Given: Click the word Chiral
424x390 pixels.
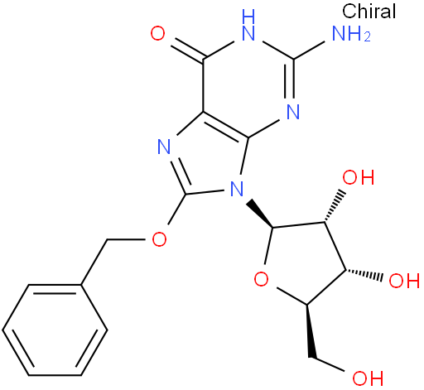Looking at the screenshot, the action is point(369,12).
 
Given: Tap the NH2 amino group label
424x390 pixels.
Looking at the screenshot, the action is point(351,34).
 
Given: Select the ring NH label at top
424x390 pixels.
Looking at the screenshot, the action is point(248,25).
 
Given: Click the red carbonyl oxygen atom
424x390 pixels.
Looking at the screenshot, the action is point(157,33).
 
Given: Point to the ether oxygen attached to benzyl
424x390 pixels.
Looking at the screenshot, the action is point(159,238).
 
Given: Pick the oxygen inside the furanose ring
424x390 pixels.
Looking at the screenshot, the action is point(261,279).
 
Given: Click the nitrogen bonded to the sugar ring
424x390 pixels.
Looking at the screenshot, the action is point(237,189).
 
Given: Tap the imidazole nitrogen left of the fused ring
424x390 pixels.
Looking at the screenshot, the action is point(165,147).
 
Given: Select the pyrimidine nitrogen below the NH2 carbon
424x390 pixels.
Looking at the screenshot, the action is point(293,112).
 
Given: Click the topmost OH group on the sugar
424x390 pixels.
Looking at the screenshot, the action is point(359,177).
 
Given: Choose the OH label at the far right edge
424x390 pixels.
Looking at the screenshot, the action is point(404,281).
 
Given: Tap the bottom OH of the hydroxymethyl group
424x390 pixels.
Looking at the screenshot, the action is point(368,378).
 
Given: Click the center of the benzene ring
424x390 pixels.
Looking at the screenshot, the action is point(55,330).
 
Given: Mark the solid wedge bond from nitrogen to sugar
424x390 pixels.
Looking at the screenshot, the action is point(259,214).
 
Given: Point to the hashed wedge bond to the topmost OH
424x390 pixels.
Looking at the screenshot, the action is point(335,206).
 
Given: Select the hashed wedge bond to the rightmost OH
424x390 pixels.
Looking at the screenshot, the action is point(364,275).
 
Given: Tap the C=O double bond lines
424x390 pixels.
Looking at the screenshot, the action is point(188,49).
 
